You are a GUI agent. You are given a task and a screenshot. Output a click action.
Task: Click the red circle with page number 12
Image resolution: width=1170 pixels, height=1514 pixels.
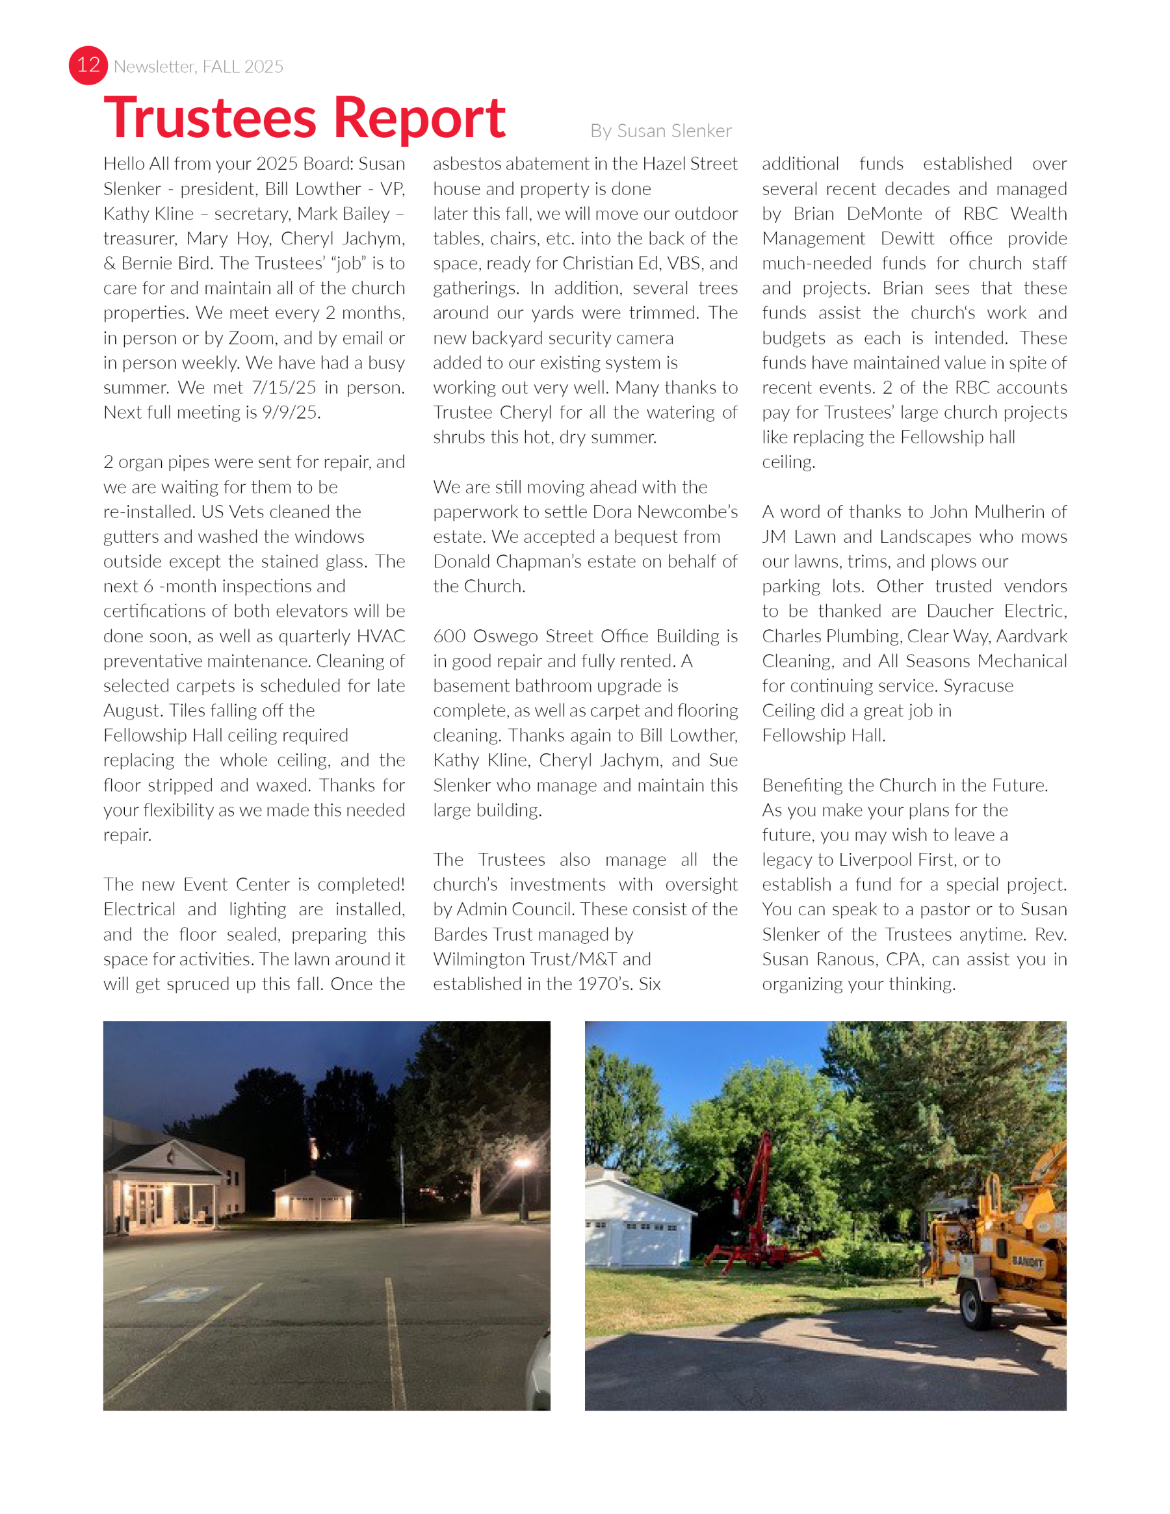88,65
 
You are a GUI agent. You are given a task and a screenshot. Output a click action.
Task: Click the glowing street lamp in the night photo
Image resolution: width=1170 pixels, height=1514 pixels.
522,1163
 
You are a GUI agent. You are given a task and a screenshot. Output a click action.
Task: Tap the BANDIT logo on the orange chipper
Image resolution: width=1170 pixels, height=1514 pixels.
1026,1262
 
